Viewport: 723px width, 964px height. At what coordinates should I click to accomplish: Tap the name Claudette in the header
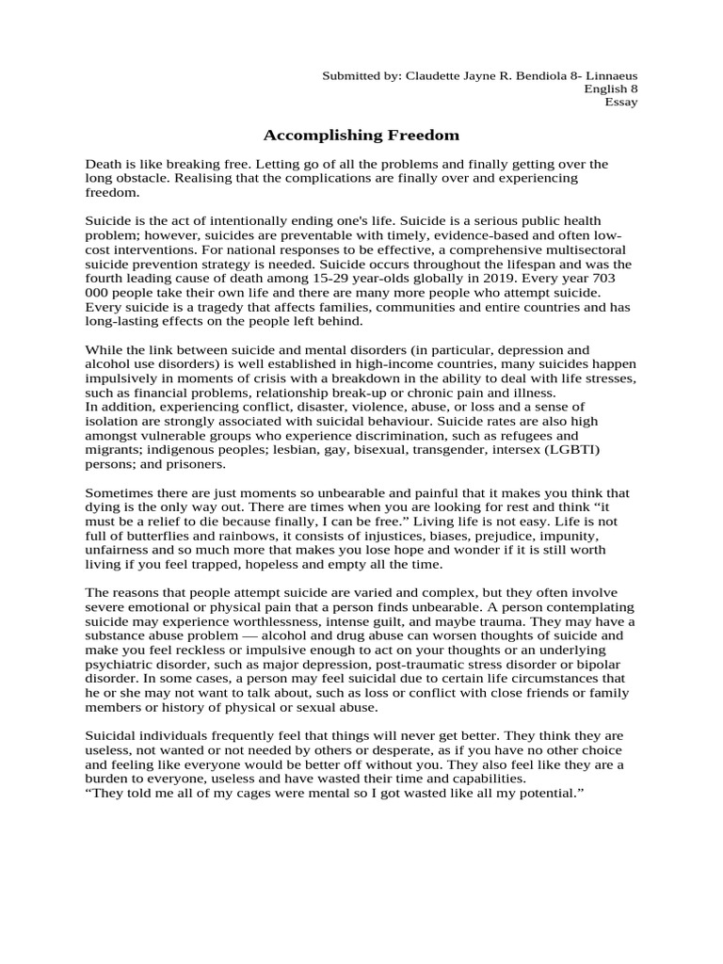pos(435,74)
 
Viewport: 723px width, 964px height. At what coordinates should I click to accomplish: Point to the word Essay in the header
pos(621,102)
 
